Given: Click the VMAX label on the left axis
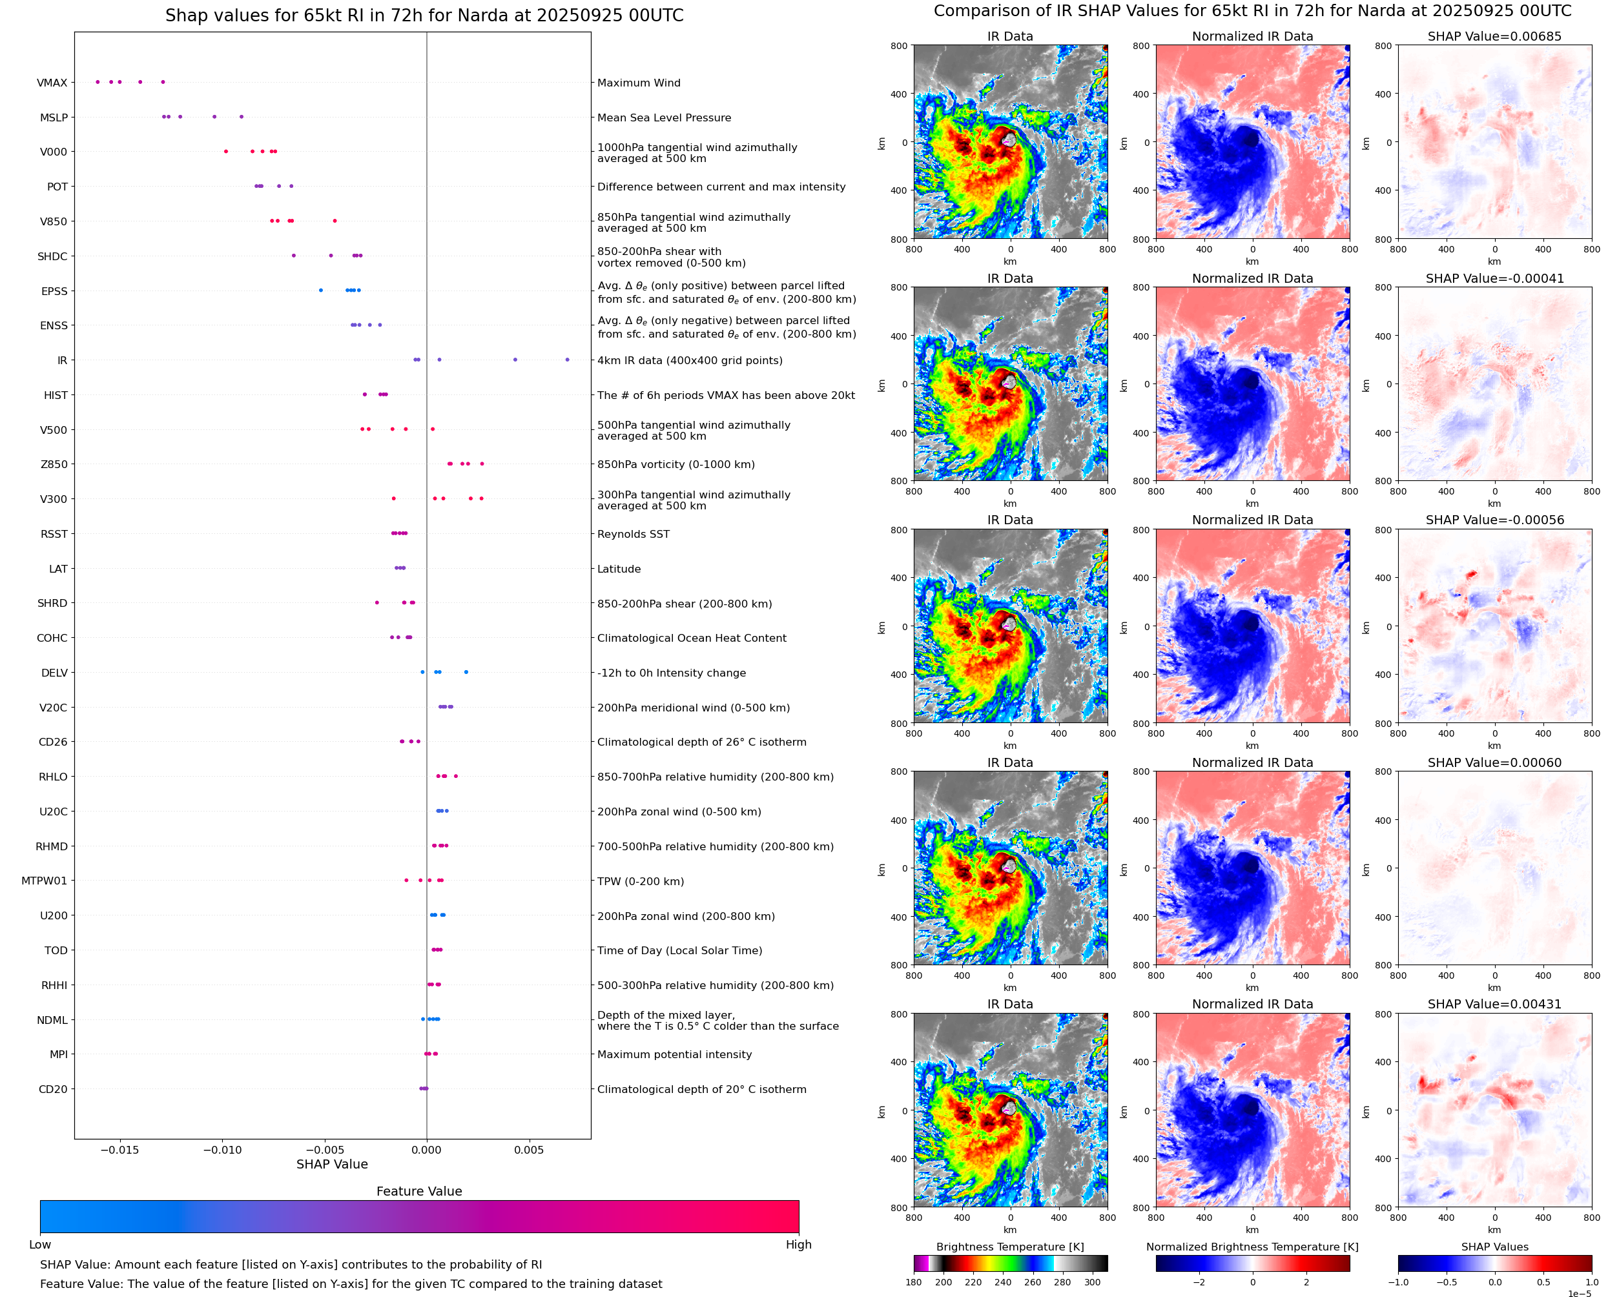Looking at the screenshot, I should [x=52, y=83].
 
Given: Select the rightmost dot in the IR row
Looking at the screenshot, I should [x=567, y=360].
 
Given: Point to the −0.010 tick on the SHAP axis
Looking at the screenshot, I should [x=222, y=1150].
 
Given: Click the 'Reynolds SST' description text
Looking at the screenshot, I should [x=633, y=534].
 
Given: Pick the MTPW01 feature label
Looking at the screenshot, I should [x=44, y=881].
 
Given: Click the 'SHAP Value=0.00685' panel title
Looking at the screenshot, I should [x=1494, y=37].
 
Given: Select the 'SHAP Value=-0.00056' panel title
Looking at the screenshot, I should [x=1494, y=520].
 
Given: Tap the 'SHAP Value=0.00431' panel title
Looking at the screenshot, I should [x=1494, y=1004].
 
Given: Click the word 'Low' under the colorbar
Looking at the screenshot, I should [x=39, y=1245].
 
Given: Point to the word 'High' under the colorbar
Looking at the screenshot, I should [x=798, y=1245].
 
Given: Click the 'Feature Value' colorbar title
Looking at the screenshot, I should [x=419, y=1191].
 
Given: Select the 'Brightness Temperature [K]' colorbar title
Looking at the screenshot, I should [x=1009, y=1247].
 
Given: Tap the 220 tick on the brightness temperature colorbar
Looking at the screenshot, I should [x=973, y=1282].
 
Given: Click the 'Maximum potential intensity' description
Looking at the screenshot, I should [x=674, y=1054].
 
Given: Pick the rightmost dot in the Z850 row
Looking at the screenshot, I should [x=482, y=464].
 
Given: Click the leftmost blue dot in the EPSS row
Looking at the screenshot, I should [x=320, y=291].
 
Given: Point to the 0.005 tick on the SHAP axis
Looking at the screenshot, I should [x=528, y=1150].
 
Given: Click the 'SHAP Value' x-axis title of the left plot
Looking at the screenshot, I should [x=332, y=1164].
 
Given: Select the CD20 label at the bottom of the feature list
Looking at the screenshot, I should [x=52, y=1089].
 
